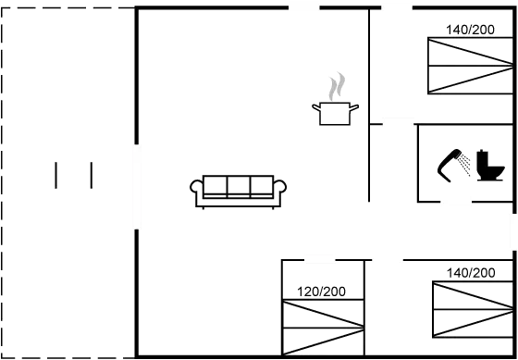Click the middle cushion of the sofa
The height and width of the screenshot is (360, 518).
coord(238,186)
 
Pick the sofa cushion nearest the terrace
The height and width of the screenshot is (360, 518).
coord(215,186)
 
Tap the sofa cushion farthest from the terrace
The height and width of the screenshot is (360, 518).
coord(262,186)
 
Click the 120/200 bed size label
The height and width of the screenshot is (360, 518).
coord(321,292)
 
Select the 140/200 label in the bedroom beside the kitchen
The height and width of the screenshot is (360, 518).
coord(470,30)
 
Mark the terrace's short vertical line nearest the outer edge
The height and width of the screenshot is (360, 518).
coord(55,175)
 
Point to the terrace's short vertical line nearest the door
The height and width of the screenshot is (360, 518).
coord(91,175)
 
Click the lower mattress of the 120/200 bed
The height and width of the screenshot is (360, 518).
coord(321,341)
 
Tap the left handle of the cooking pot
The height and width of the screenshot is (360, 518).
coord(315,108)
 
